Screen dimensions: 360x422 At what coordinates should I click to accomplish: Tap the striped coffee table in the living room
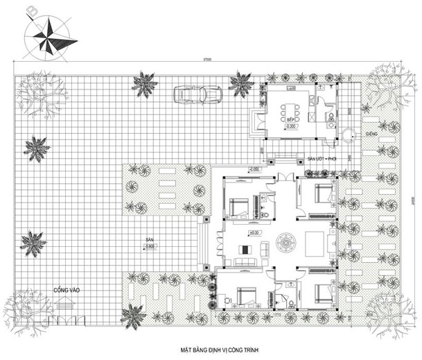click(244, 249)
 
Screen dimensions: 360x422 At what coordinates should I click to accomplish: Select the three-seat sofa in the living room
click(243, 262)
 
